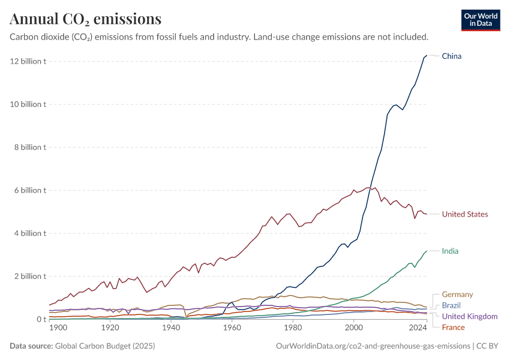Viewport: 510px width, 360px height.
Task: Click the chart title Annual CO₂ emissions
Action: [85, 19]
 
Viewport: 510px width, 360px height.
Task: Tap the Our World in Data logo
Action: [481, 20]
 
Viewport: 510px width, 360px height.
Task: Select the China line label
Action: [452, 56]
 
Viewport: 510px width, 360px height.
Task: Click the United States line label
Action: [465, 214]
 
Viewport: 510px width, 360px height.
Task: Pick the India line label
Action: [450, 251]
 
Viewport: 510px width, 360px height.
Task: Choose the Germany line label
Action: [457, 295]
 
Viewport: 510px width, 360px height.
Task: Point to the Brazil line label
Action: [451, 305]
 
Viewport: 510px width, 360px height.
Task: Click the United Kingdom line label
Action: [470, 316]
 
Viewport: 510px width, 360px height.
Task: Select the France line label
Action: [453, 327]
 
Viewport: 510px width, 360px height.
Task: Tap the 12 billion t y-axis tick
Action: [28, 61]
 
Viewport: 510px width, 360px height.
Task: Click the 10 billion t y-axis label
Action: [28, 104]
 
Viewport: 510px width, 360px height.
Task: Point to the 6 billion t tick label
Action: [29, 190]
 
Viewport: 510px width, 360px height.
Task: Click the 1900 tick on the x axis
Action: [58, 328]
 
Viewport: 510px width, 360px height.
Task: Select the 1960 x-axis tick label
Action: [232, 328]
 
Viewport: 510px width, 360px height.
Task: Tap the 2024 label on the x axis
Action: [417, 328]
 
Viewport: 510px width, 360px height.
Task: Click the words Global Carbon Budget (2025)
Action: [105, 346]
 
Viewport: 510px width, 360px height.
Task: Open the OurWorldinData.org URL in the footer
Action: [373, 346]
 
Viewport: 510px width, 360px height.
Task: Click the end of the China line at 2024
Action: [427, 56]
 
